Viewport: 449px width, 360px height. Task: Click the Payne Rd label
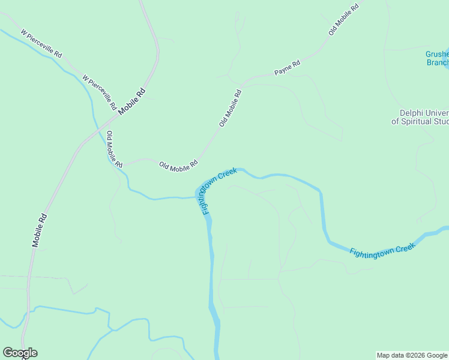287,67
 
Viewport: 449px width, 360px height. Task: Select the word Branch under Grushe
438,62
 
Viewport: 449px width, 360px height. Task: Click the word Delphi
412,113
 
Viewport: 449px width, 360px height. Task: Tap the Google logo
20,353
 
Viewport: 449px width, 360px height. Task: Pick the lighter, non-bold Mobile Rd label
40,230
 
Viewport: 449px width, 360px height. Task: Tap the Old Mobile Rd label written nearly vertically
114,149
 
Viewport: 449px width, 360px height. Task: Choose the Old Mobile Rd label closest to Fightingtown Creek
178,164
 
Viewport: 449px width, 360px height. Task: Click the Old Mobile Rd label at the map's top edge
343,18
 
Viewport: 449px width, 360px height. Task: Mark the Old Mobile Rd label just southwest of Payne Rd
231,108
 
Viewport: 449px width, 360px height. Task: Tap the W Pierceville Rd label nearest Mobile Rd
99,92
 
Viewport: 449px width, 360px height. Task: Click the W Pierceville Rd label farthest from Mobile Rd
41,43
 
